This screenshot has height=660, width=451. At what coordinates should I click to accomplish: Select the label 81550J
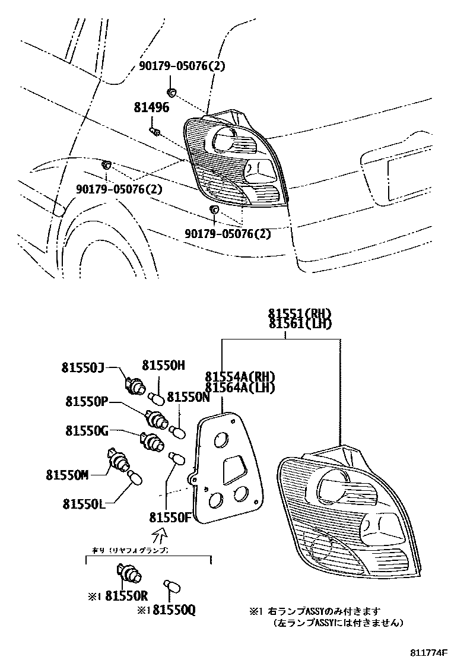[82, 368]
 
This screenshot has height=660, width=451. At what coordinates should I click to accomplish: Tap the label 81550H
[164, 366]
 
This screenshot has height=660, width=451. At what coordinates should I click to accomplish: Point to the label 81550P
[87, 402]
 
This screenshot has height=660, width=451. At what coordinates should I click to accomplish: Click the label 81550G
[87, 430]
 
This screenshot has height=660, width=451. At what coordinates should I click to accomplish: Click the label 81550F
[169, 516]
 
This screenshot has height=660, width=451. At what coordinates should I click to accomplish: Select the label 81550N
[189, 398]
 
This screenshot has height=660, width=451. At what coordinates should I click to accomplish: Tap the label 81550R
[125, 596]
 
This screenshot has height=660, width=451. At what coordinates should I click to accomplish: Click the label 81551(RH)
[300, 314]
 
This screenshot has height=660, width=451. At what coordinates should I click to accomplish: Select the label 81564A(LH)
[240, 388]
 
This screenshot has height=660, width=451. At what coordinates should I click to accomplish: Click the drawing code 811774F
[424, 652]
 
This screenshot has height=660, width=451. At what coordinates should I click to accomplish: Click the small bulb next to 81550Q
[173, 586]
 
